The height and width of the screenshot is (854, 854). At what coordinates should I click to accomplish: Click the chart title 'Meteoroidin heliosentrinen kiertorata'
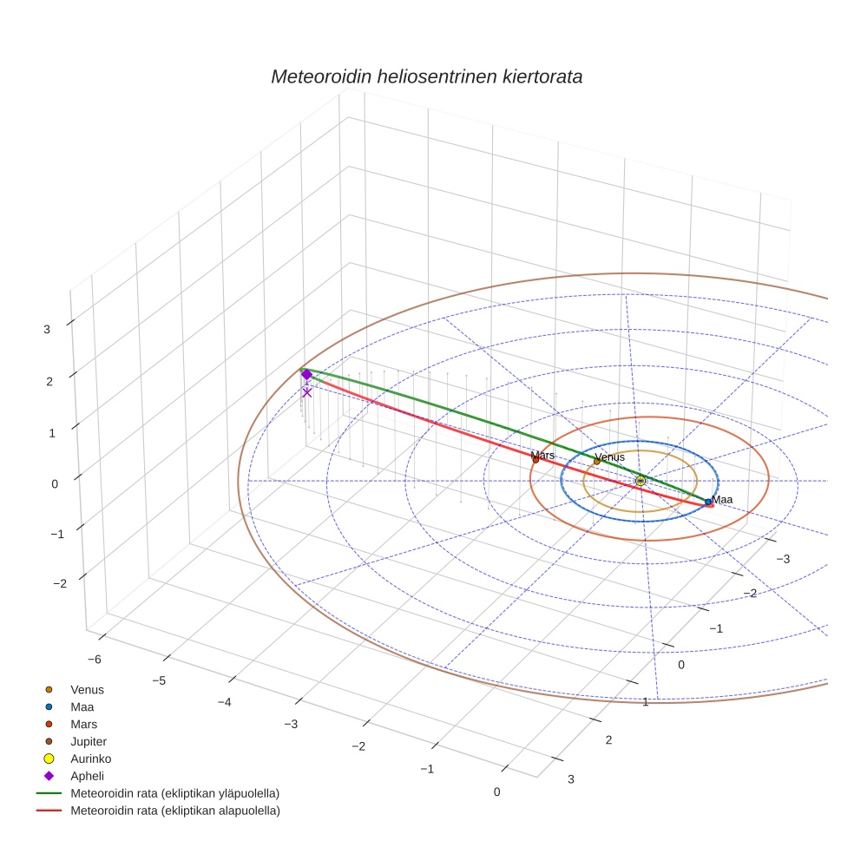click(x=426, y=76)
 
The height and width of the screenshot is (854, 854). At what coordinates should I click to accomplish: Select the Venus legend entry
click(x=87, y=690)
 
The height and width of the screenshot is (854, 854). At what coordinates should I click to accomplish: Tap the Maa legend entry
click(x=82, y=707)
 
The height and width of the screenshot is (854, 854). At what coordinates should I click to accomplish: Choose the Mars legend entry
click(x=83, y=724)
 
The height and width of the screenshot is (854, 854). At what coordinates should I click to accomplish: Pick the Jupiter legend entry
click(x=89, y=741)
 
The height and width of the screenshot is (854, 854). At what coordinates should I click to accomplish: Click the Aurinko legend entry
click(x=90, y=759)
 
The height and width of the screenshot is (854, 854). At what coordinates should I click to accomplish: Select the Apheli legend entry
click(x=86, y=776)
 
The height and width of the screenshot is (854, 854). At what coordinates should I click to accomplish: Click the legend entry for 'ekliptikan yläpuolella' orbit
click(x=174, y=793)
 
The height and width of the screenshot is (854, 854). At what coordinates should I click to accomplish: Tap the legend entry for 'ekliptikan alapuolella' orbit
click(x=174, y=811)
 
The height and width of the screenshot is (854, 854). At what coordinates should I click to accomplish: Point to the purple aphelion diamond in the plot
click(x=306, y=374)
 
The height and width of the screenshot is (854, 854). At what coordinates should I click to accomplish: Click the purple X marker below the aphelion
click(x=306, y=392)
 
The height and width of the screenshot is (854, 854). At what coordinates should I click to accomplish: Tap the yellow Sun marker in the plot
click(x=640, y=480)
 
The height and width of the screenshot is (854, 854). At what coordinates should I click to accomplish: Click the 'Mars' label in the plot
click(x=542, y=455)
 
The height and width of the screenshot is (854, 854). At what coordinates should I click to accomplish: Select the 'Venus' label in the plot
click(x=609, y=457)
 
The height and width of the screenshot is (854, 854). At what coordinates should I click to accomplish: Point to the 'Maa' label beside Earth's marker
click(x=722, y=499)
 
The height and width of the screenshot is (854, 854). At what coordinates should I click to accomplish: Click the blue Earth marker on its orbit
click(x=708, y=502)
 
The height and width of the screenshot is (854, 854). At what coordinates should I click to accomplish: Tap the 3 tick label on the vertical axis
click(x=47, y=329)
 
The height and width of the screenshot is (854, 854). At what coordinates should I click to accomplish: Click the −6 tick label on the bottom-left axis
click(x=94, y=660)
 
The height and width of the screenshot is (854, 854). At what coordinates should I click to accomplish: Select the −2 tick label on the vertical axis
click(x=60, y=583)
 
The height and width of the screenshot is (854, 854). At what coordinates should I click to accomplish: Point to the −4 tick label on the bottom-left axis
click(x=224, y=701)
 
